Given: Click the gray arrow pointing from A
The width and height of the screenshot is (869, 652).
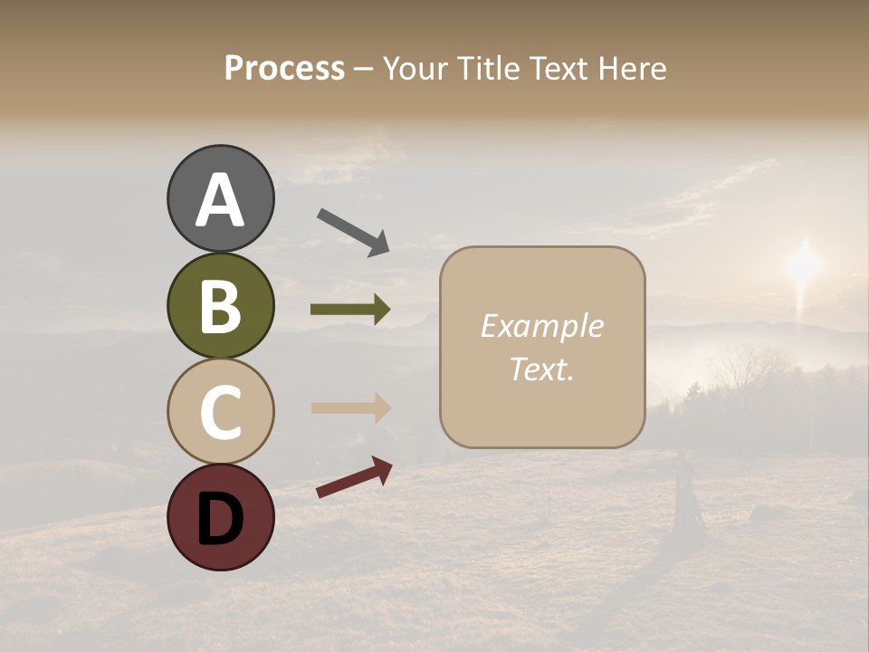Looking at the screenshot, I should [x=353, y=231].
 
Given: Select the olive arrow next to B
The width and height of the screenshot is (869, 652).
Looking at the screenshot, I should [x=350, y=310].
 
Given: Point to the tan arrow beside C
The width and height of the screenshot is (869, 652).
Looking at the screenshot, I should [x=350, y=407].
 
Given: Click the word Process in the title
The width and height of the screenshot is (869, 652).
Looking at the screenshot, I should [x=284, y=68].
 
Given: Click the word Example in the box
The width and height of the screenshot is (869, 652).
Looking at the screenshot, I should [x=541, y=326].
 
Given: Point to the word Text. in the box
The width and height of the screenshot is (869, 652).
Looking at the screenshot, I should [x=541, y=369].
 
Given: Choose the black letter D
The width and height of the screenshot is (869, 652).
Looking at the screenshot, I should [x=220, y=518].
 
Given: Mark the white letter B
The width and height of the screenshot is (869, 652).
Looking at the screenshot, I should [x=220, y=306].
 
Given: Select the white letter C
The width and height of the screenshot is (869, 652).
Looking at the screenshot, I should [x=220, y=412].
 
